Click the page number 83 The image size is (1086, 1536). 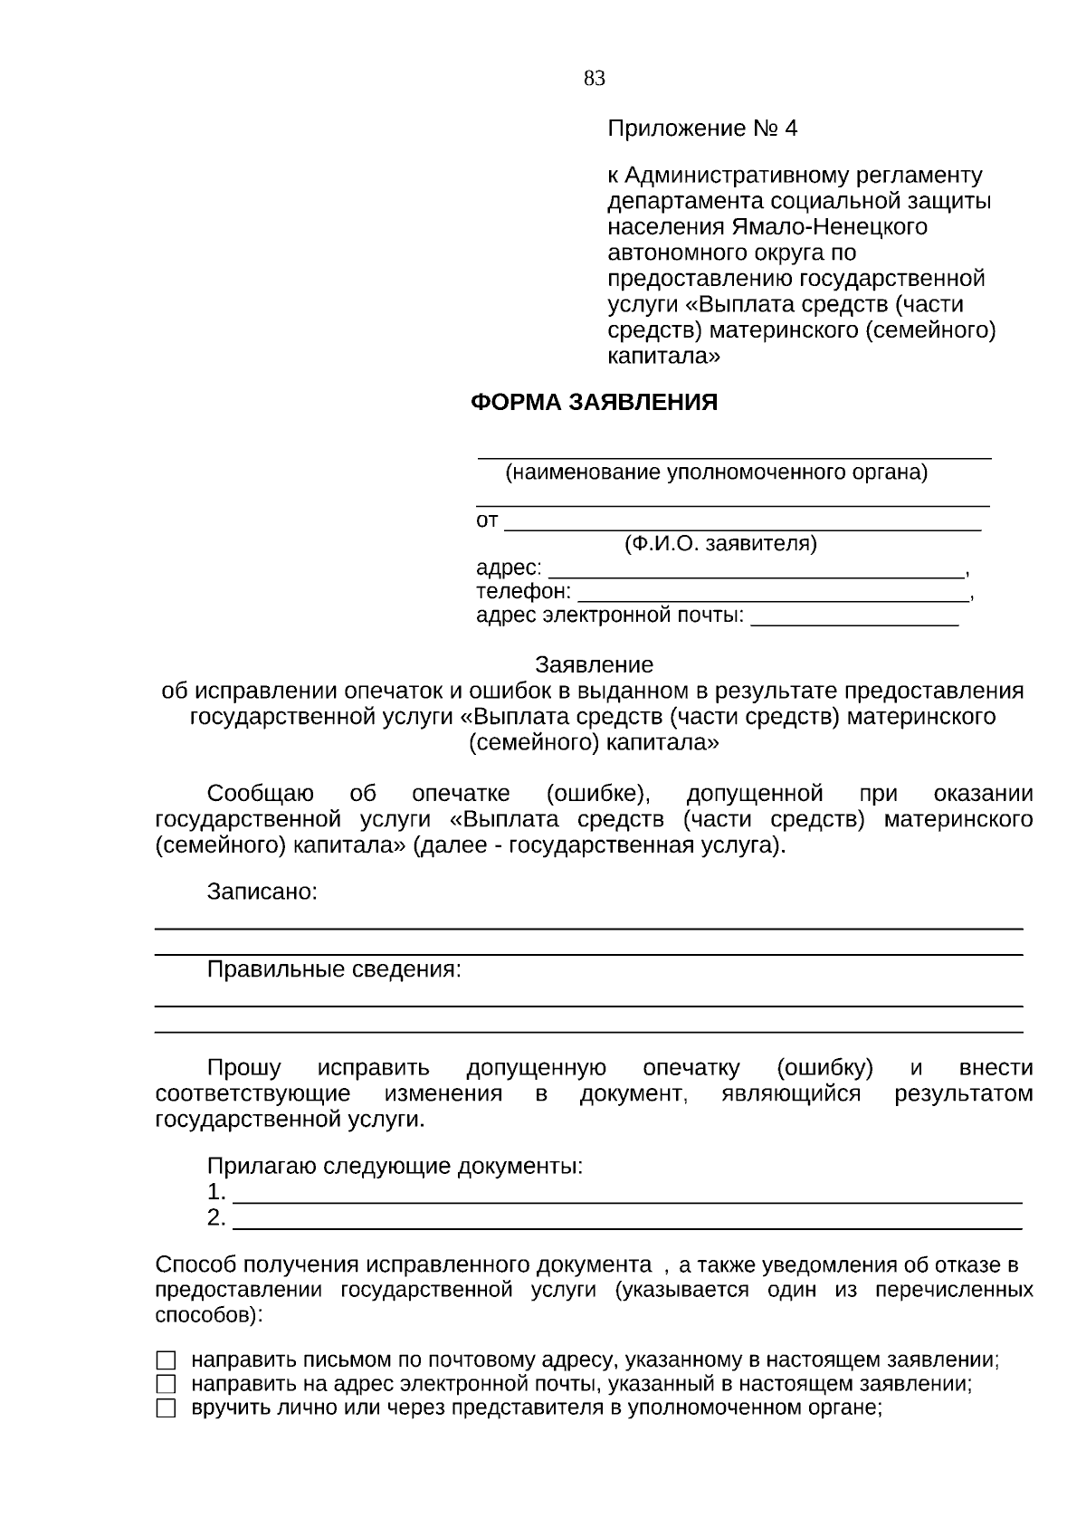click(x=595, y=79)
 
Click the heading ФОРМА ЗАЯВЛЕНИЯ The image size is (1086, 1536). click(x=594, y=403)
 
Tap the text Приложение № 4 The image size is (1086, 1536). click(x=702, y=129)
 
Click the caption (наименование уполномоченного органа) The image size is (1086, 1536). click(x=716, y=472)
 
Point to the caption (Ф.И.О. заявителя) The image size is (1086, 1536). click(x=720, y=544)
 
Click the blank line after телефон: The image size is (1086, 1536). click(x=772, y=599)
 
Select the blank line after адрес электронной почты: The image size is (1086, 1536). click(x=854, y=624)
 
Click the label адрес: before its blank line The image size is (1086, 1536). click(x=509, y=568)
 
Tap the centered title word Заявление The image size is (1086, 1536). click(x=594, y=665)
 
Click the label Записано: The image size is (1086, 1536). click(x=262, y=892)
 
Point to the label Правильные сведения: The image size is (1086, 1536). click(x=334, y=969)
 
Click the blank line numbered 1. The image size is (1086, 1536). click(x=627, y=1201)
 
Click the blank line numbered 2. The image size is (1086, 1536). click(x=627, y=1227)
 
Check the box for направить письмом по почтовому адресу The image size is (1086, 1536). click(x=166, y=1360)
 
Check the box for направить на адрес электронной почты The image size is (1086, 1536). click(x=166, y=1384)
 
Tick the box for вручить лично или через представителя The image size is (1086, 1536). click(x=166, y=1408)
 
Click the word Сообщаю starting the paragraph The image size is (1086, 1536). click(x=261, y=794)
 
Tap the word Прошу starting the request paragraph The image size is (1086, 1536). click(x=243, y=1068)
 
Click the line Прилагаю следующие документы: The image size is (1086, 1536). click(x=395, y=1166)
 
